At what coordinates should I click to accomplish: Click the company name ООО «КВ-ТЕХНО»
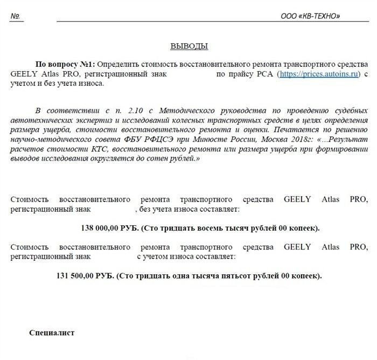(310, 17)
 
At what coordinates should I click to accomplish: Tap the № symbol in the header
(15, 16)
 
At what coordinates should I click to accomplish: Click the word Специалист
(52, 333)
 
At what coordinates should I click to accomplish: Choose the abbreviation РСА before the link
(265, 74)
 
